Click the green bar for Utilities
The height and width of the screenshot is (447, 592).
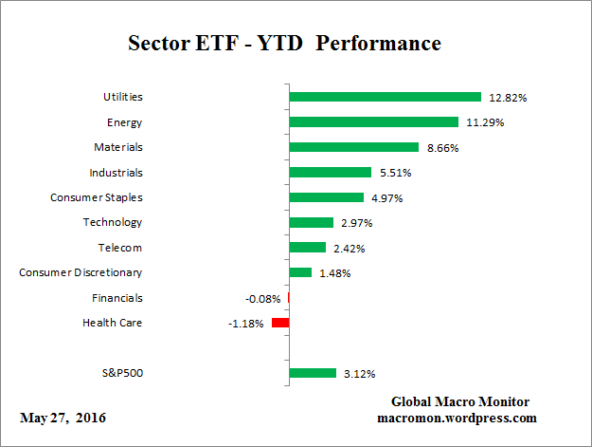point(386,97)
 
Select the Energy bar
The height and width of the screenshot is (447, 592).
point(374,121)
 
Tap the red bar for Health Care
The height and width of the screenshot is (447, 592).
point(280,324)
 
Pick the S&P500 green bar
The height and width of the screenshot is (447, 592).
point(313,373)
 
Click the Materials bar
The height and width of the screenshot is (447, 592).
point(353,147)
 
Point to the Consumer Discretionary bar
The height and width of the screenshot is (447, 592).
point(300,273)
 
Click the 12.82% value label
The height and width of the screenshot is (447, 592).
point(508,98)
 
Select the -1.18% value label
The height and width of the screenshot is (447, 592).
point(245,325)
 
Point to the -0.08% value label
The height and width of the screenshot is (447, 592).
point(262,299)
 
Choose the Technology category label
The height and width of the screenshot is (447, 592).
point(113,222)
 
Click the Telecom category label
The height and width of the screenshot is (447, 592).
point(119,248)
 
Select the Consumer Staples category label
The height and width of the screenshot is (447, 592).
point(96,197)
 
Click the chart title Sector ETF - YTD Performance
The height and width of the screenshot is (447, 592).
point(284,44)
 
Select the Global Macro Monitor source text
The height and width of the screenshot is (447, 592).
point(460,401)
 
